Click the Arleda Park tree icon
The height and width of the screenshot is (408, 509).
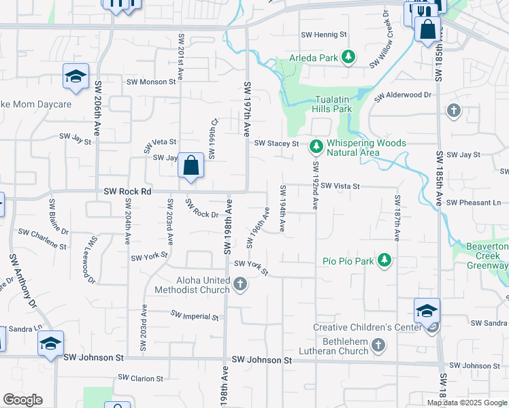tap(348, 57)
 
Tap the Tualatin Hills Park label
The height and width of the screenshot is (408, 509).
tap(331, 104)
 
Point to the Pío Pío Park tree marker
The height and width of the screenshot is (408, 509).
tap(384, 260)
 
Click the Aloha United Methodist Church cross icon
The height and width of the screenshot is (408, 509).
tap(240, 284)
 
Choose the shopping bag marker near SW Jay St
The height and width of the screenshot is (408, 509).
tap(191, 166)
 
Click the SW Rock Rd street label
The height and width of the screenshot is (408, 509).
tap(127, 192)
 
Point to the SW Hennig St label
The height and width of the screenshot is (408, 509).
tap(324, 34)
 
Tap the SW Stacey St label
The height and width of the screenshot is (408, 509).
tap(276, 143)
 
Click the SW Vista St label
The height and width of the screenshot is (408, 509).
tap(340, 186)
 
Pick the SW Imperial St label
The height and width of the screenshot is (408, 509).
tap(195, 316)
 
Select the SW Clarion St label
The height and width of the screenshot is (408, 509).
tap(141, 378)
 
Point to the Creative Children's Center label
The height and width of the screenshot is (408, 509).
tap(363, 327)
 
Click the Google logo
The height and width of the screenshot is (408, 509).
tap(22, 400)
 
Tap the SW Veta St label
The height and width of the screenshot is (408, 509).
tap(161, 144)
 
